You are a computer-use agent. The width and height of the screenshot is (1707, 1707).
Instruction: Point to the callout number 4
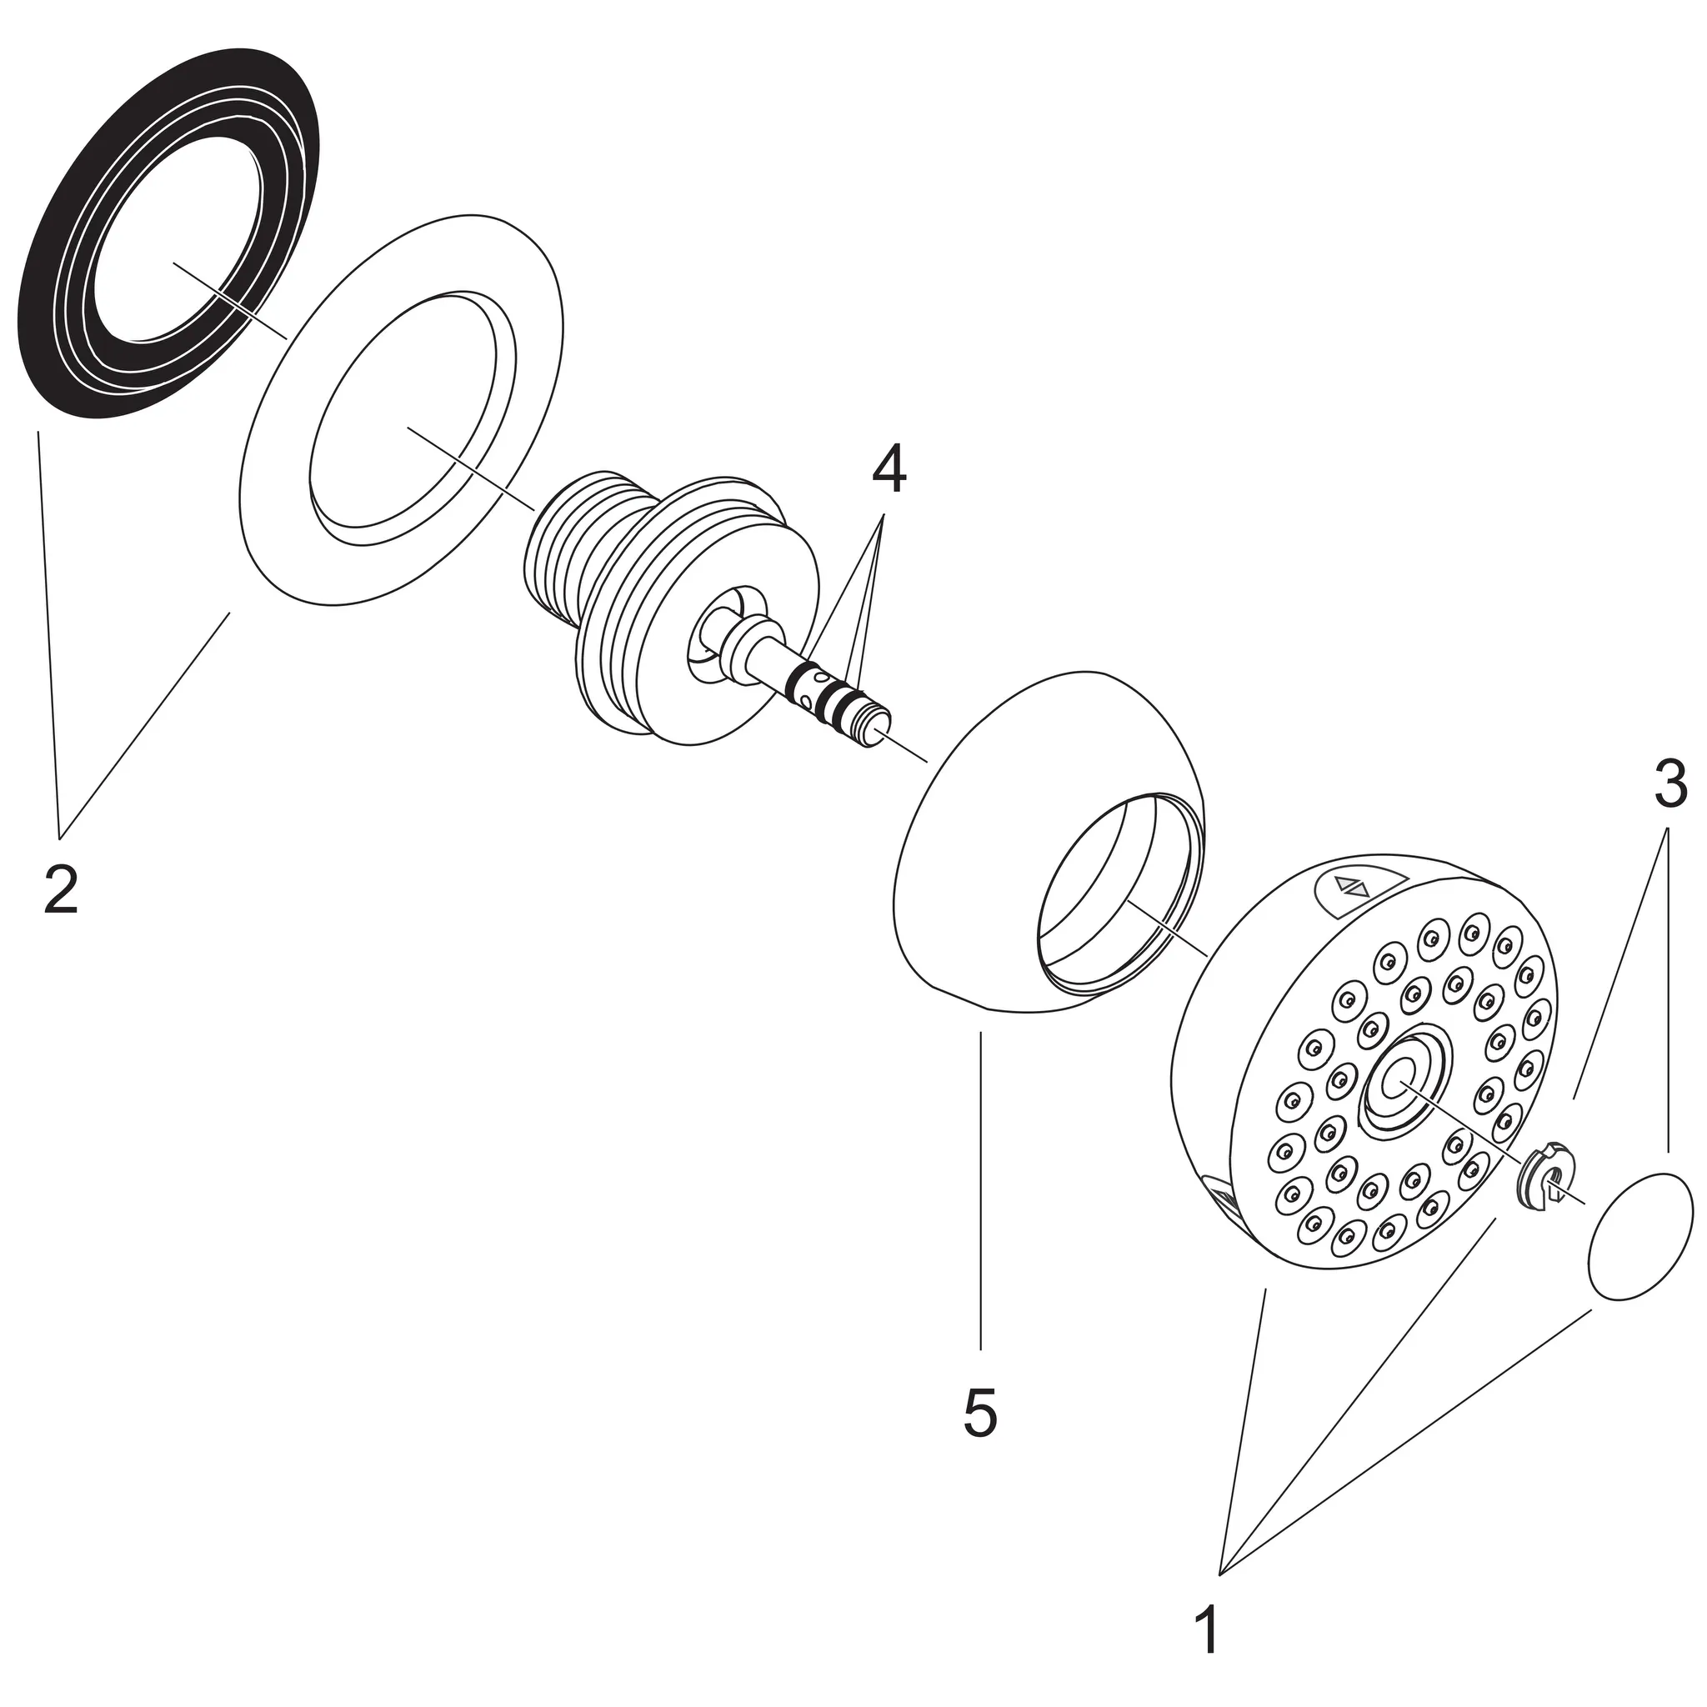pyautogui.click(x=888, y=471)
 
